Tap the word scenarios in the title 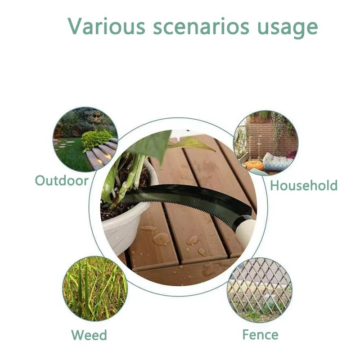point(201,27)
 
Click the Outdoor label point(62,180)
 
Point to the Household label point(303,185)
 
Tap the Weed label point(89,335)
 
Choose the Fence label point(261,334)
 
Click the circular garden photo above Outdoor point(85,139)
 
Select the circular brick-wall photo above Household point(265,143)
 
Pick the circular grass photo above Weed point(95,288)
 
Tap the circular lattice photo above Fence point(260,290)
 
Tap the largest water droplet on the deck point(161,239)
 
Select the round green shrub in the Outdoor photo point(96,139)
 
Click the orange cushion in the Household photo point(253,165)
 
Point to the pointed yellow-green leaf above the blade point(193,144)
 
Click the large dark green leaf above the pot point(152,144)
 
